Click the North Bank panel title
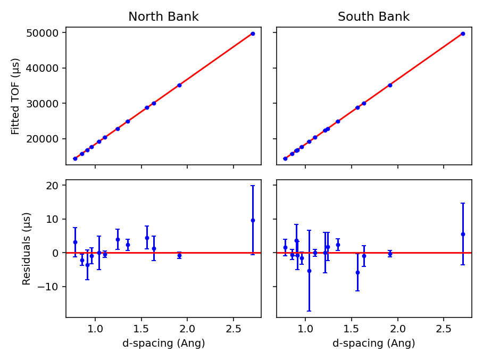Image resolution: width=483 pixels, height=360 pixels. tap(163, 17)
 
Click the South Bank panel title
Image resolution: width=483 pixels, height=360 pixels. tap(373, 17)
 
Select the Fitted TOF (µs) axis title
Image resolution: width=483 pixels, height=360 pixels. tap(15, 96)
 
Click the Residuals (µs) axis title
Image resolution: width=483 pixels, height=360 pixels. tap(27, 248)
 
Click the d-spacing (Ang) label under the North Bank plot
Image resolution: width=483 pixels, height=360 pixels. tap(163, 344)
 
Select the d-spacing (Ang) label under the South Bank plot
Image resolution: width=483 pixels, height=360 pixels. tap(373, 344)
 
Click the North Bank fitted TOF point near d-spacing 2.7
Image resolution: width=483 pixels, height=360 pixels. tap(253, 34)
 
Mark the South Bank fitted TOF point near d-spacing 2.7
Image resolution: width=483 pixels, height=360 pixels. tap(463, 34)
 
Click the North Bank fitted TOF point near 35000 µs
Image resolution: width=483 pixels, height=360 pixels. tap(179, 85)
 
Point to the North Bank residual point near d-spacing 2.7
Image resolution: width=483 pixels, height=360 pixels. tap(253, 220)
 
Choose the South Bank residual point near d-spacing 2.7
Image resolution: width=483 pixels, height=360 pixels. tap(463, 234)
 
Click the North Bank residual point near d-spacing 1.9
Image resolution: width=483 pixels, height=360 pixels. tap(179, 255)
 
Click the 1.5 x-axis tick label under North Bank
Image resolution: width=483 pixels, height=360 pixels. tap(141, 329)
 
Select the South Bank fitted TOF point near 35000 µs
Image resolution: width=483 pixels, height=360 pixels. tap(390, 85)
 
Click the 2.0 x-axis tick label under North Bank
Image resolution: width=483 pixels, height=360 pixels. tap(187, 329)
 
